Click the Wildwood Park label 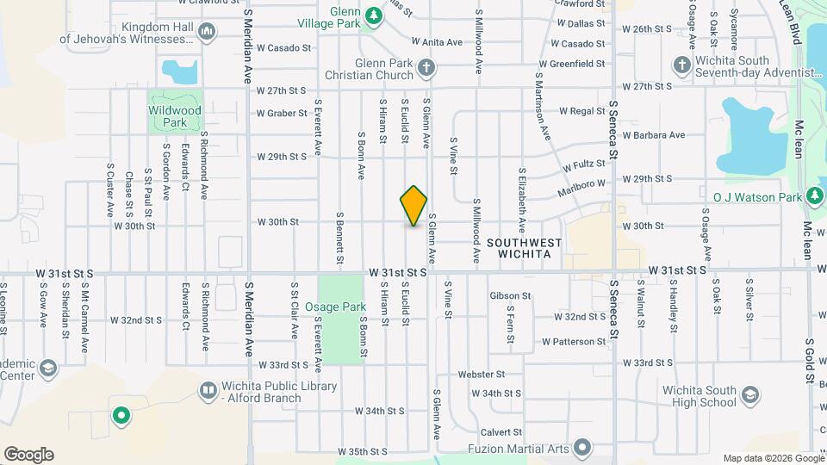coord(175,116)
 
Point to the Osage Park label coord(342,307)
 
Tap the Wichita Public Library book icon coord(208,391)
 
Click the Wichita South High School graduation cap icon coord(749,395)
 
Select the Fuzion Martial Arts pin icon coord(582,448)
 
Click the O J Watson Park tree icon coord(815,197)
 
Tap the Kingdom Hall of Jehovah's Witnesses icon coord(206,33)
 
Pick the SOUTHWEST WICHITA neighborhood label coord(525,249)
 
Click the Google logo coord(28,455)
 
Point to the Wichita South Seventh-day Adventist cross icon coord(681,65)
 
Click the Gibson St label coord(511,296)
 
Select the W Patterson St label coord(580,341)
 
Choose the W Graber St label coord(282,113)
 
